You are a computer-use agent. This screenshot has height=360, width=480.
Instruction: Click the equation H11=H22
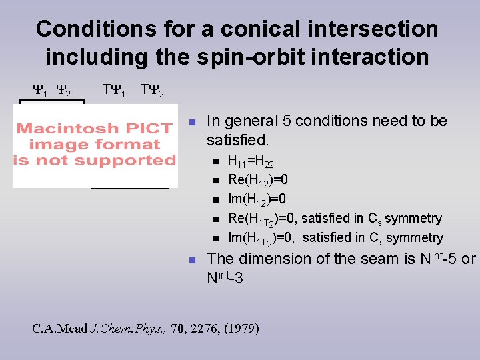coord(251,161)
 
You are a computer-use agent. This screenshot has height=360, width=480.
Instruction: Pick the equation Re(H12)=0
coord(258,180)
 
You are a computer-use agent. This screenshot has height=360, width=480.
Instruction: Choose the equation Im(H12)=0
coord(257,199)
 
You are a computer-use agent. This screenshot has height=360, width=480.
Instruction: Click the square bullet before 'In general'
coord(191,122)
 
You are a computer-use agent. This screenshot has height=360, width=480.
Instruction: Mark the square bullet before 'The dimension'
coord(191,259)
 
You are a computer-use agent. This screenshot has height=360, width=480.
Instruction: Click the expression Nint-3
coord(225,277)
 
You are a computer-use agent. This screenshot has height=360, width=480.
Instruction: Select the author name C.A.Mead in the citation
coord(59,328)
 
